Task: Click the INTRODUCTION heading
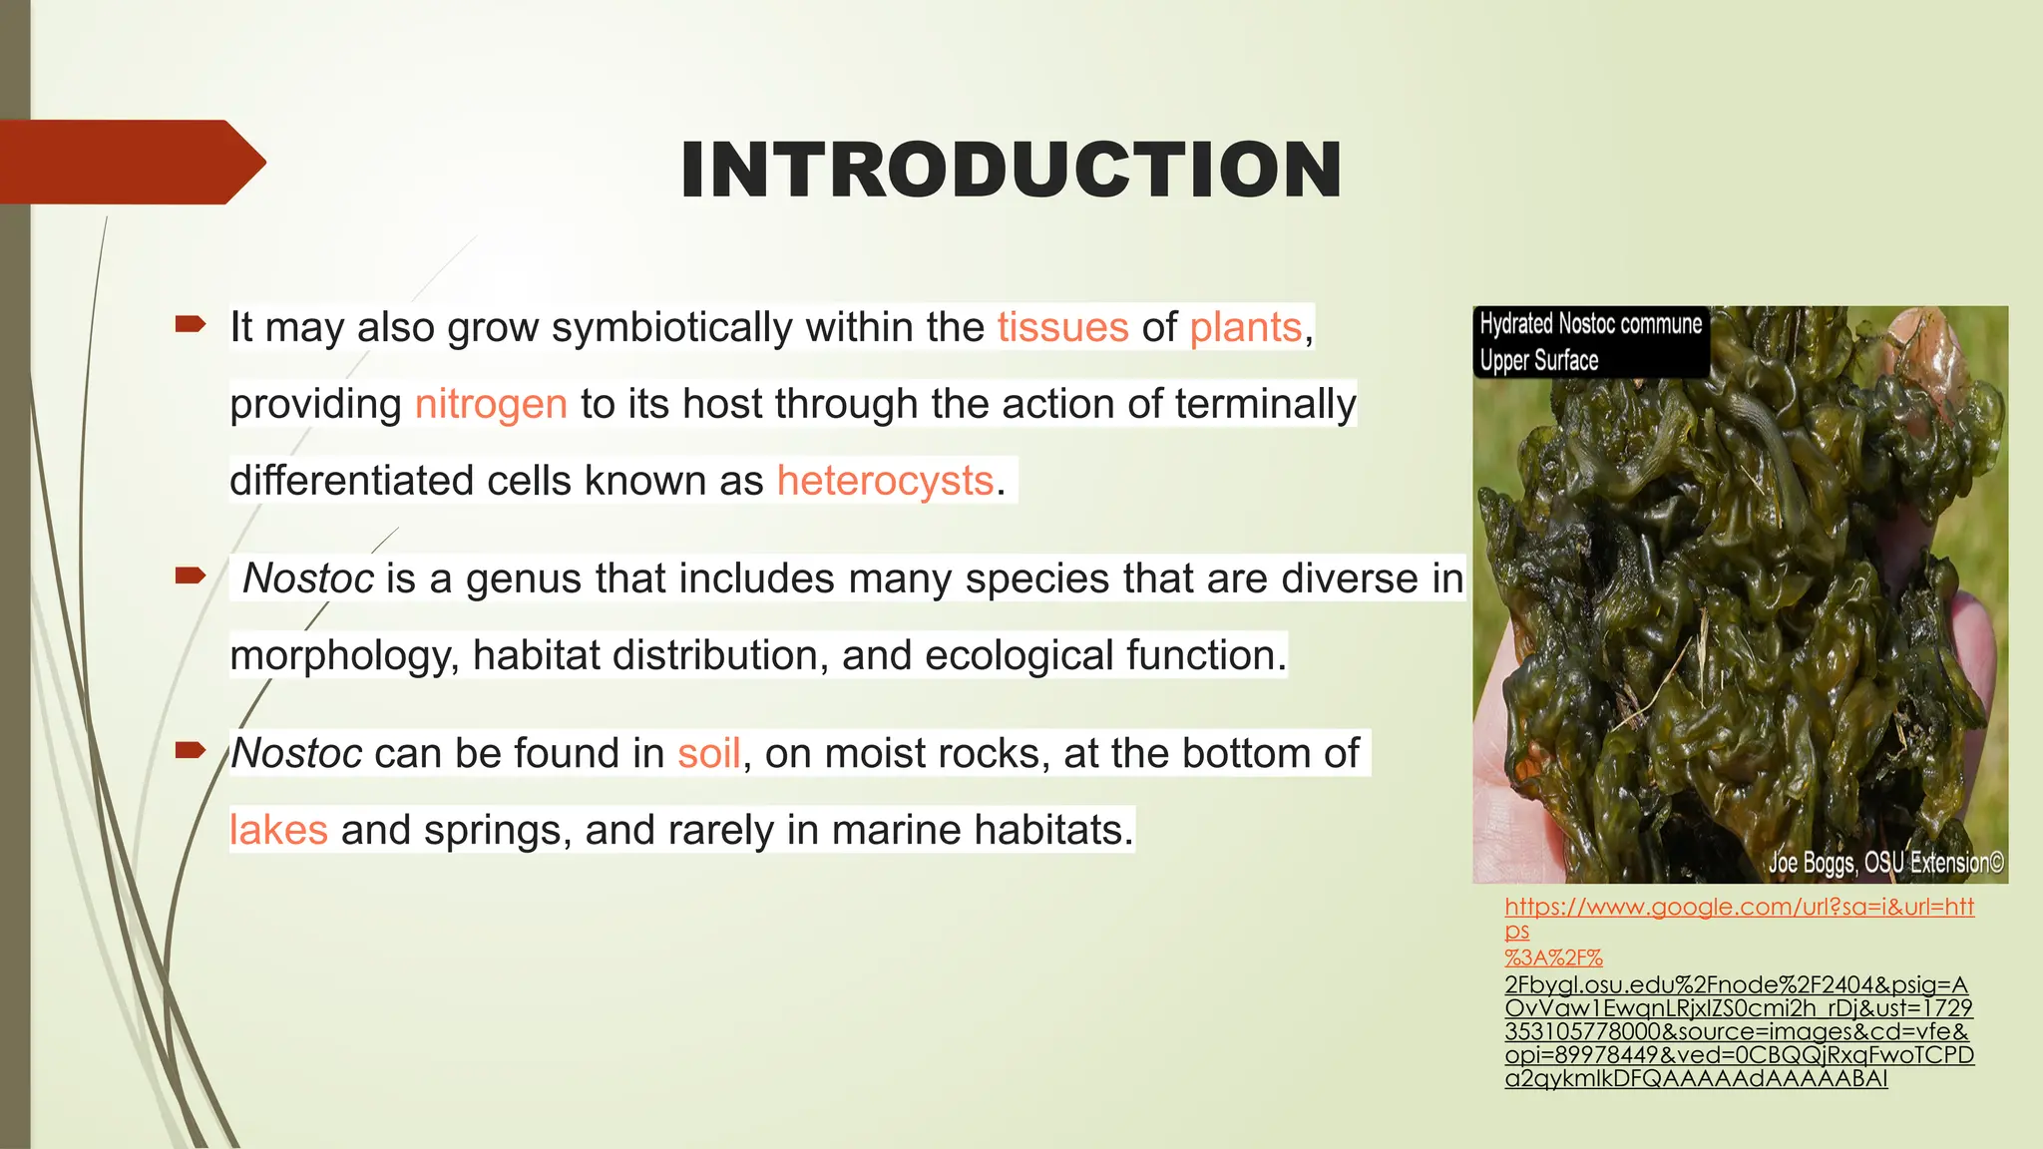pyautogui.click(x=1011, y=170)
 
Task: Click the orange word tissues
pyautogui.click(x=1062, y=327)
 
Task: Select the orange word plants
pyautogui.click(x=1246, y=327)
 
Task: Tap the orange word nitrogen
pyautogui.click(x=491, y=404)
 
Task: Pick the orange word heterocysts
pyautogui.click(x=885, y=481)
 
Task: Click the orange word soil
pyautogui.click(x=709, y=753)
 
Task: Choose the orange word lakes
pyautogui.click(x=278, y=830)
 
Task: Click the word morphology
pyautogui.click(x=344, y=656)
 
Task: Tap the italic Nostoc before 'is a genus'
pyautogui.click(x=308, y=578)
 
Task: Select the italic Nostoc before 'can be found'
pyautogui.click(x=296, y=753)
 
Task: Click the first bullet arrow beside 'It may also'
pyautogui.click(x=190, y=323)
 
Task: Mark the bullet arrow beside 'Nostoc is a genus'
pyautogui.click(x=190, y=574)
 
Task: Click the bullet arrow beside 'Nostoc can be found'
pyautogui.click(x=190, y=749)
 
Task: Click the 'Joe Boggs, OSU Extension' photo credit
pyautogui.click(x=1885, y=863)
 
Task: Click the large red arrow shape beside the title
pyautogui.click(x=130, y=162)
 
